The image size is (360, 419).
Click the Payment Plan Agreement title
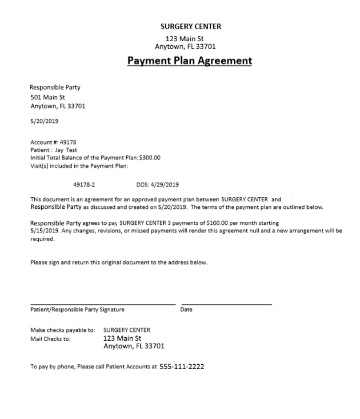(190, 61)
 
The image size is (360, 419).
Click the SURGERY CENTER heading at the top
(190, 27)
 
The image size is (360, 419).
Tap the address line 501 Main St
(48, 97)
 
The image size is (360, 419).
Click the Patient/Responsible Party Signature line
(103, 305)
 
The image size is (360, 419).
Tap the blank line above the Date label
(226, 305)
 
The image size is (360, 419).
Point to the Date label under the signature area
(186, 310)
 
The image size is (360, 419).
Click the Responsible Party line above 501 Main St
(55, 87)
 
